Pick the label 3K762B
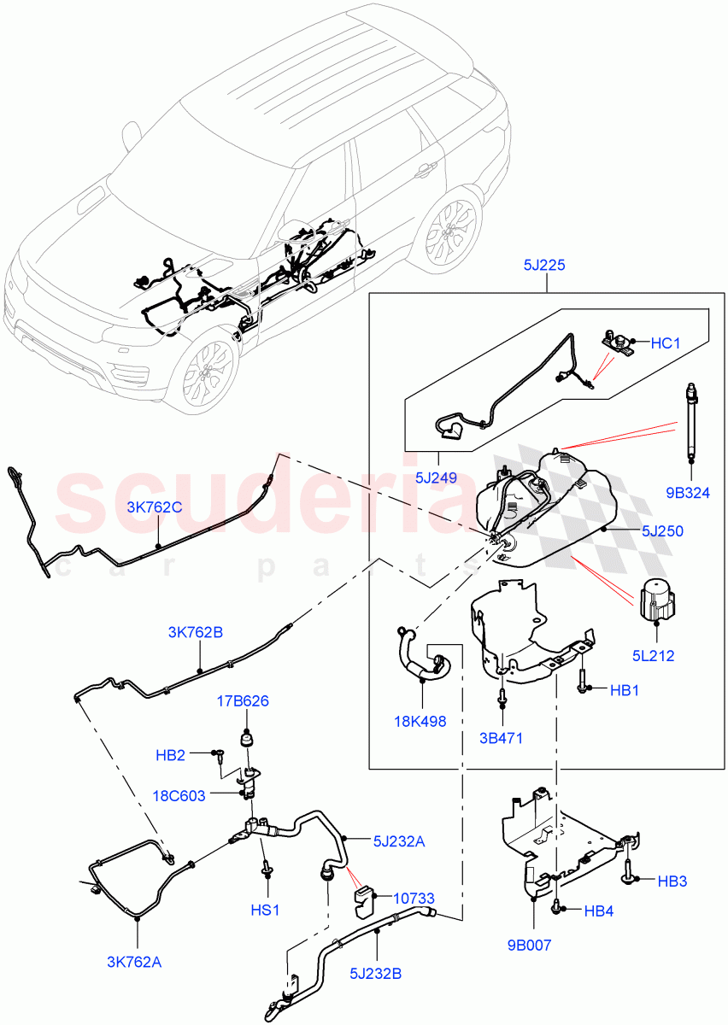pyautogui.click(x=195, y=632)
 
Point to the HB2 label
pyautogui.click(x=170, y=755)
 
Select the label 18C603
pyautogui.click(x=180, y=795)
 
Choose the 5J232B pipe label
pyautogui.click(x=376, y=971)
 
